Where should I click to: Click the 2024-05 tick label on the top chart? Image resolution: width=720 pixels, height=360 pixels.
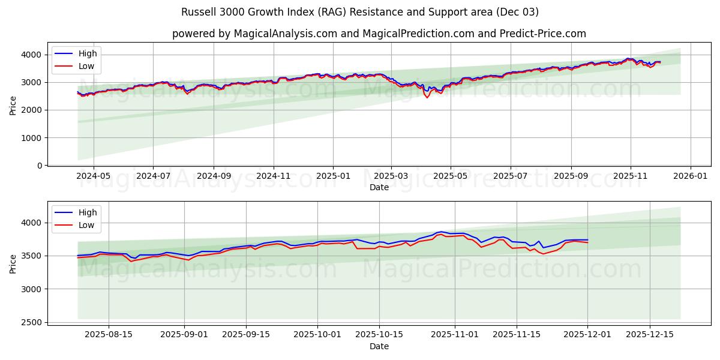tap(93, 176)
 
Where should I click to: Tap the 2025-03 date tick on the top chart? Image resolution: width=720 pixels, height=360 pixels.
tap(391, 176)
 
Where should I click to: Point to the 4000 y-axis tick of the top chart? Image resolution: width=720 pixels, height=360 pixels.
tap(33, 55)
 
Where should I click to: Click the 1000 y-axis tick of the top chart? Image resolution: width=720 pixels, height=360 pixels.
tap(33, 138)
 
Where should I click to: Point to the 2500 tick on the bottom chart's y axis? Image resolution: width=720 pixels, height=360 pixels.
tap(33, 323)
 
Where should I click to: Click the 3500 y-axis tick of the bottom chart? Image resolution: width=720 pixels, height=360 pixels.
tap(33, 256)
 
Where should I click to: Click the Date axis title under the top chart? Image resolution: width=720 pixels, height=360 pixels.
tap(379, 187)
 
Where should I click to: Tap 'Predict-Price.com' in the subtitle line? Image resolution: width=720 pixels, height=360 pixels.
tap(544, 34)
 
